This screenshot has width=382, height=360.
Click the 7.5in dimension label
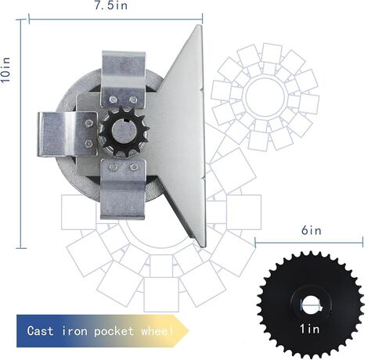pyautogui.click(x=111, y=5)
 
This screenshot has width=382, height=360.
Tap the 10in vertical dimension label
pyautogui.click(x=5, y=70)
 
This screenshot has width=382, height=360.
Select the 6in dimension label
pyautogui.click(x=312, y=231)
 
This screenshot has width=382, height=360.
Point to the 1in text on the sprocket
pyautogui.click(x=310, y=329)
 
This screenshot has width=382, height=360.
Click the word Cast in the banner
pyautogui.click(x=40, y=331)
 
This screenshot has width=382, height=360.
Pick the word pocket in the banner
pyautogui.click(x=114, y=331)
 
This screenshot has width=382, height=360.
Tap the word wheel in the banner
pyautogui.click(x=157, y=331)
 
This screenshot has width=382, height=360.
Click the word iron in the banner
pyautogui.click(x=74, y=331)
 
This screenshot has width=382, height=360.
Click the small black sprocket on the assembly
pyautogui.click(x=124, y=131)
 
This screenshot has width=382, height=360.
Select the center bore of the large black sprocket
pyautogui.click(x=311, y=304)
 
